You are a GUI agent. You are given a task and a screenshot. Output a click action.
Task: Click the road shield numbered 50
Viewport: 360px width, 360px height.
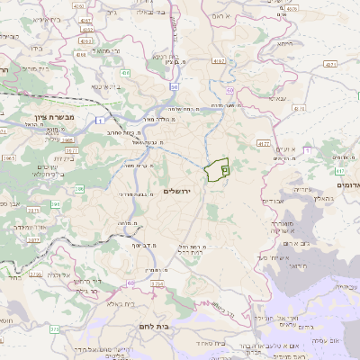174,85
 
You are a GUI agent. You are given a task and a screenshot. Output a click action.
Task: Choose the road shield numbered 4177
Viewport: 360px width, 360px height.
263,142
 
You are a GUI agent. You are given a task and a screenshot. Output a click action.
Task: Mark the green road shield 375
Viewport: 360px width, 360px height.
54,329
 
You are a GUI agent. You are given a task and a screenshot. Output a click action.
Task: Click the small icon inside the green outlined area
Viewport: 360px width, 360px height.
224,167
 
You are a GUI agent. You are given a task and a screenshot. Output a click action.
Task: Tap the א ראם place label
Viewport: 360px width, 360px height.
247,16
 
